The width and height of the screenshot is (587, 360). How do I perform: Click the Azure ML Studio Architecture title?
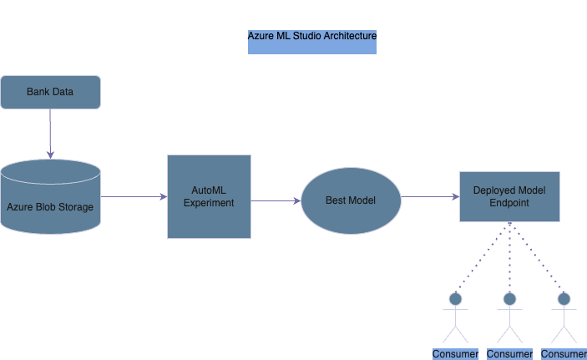point(311,38)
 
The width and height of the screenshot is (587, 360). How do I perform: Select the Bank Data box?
point(50,92)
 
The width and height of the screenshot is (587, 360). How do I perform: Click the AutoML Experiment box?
point(209,196)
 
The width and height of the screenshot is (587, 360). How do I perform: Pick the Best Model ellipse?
point(351,200)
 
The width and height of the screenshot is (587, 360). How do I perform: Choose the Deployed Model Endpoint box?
point(509,196)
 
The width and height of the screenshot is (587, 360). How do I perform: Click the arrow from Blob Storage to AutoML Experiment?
point(134,197)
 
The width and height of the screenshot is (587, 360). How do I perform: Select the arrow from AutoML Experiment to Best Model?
point(276,200)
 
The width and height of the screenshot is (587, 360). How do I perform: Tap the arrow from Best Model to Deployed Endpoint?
point(430,197)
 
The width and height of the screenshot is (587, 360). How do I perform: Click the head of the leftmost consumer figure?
point(455,298)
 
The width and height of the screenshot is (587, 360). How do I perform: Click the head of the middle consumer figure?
point(509,298)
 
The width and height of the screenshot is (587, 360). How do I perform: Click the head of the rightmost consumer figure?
point(564,298)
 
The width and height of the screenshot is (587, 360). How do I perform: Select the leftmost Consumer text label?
point(455,354)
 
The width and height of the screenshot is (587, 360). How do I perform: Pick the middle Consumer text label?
point(509,354)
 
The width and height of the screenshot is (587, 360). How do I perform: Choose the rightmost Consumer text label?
point(564,354)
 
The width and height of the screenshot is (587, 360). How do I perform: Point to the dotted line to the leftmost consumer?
point(483,257)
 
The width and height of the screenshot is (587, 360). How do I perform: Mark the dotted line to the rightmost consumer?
point(536,257)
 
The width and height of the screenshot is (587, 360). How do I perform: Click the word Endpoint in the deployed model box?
point(509,203)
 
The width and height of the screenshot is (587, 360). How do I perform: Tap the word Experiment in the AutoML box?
point(209,203)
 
